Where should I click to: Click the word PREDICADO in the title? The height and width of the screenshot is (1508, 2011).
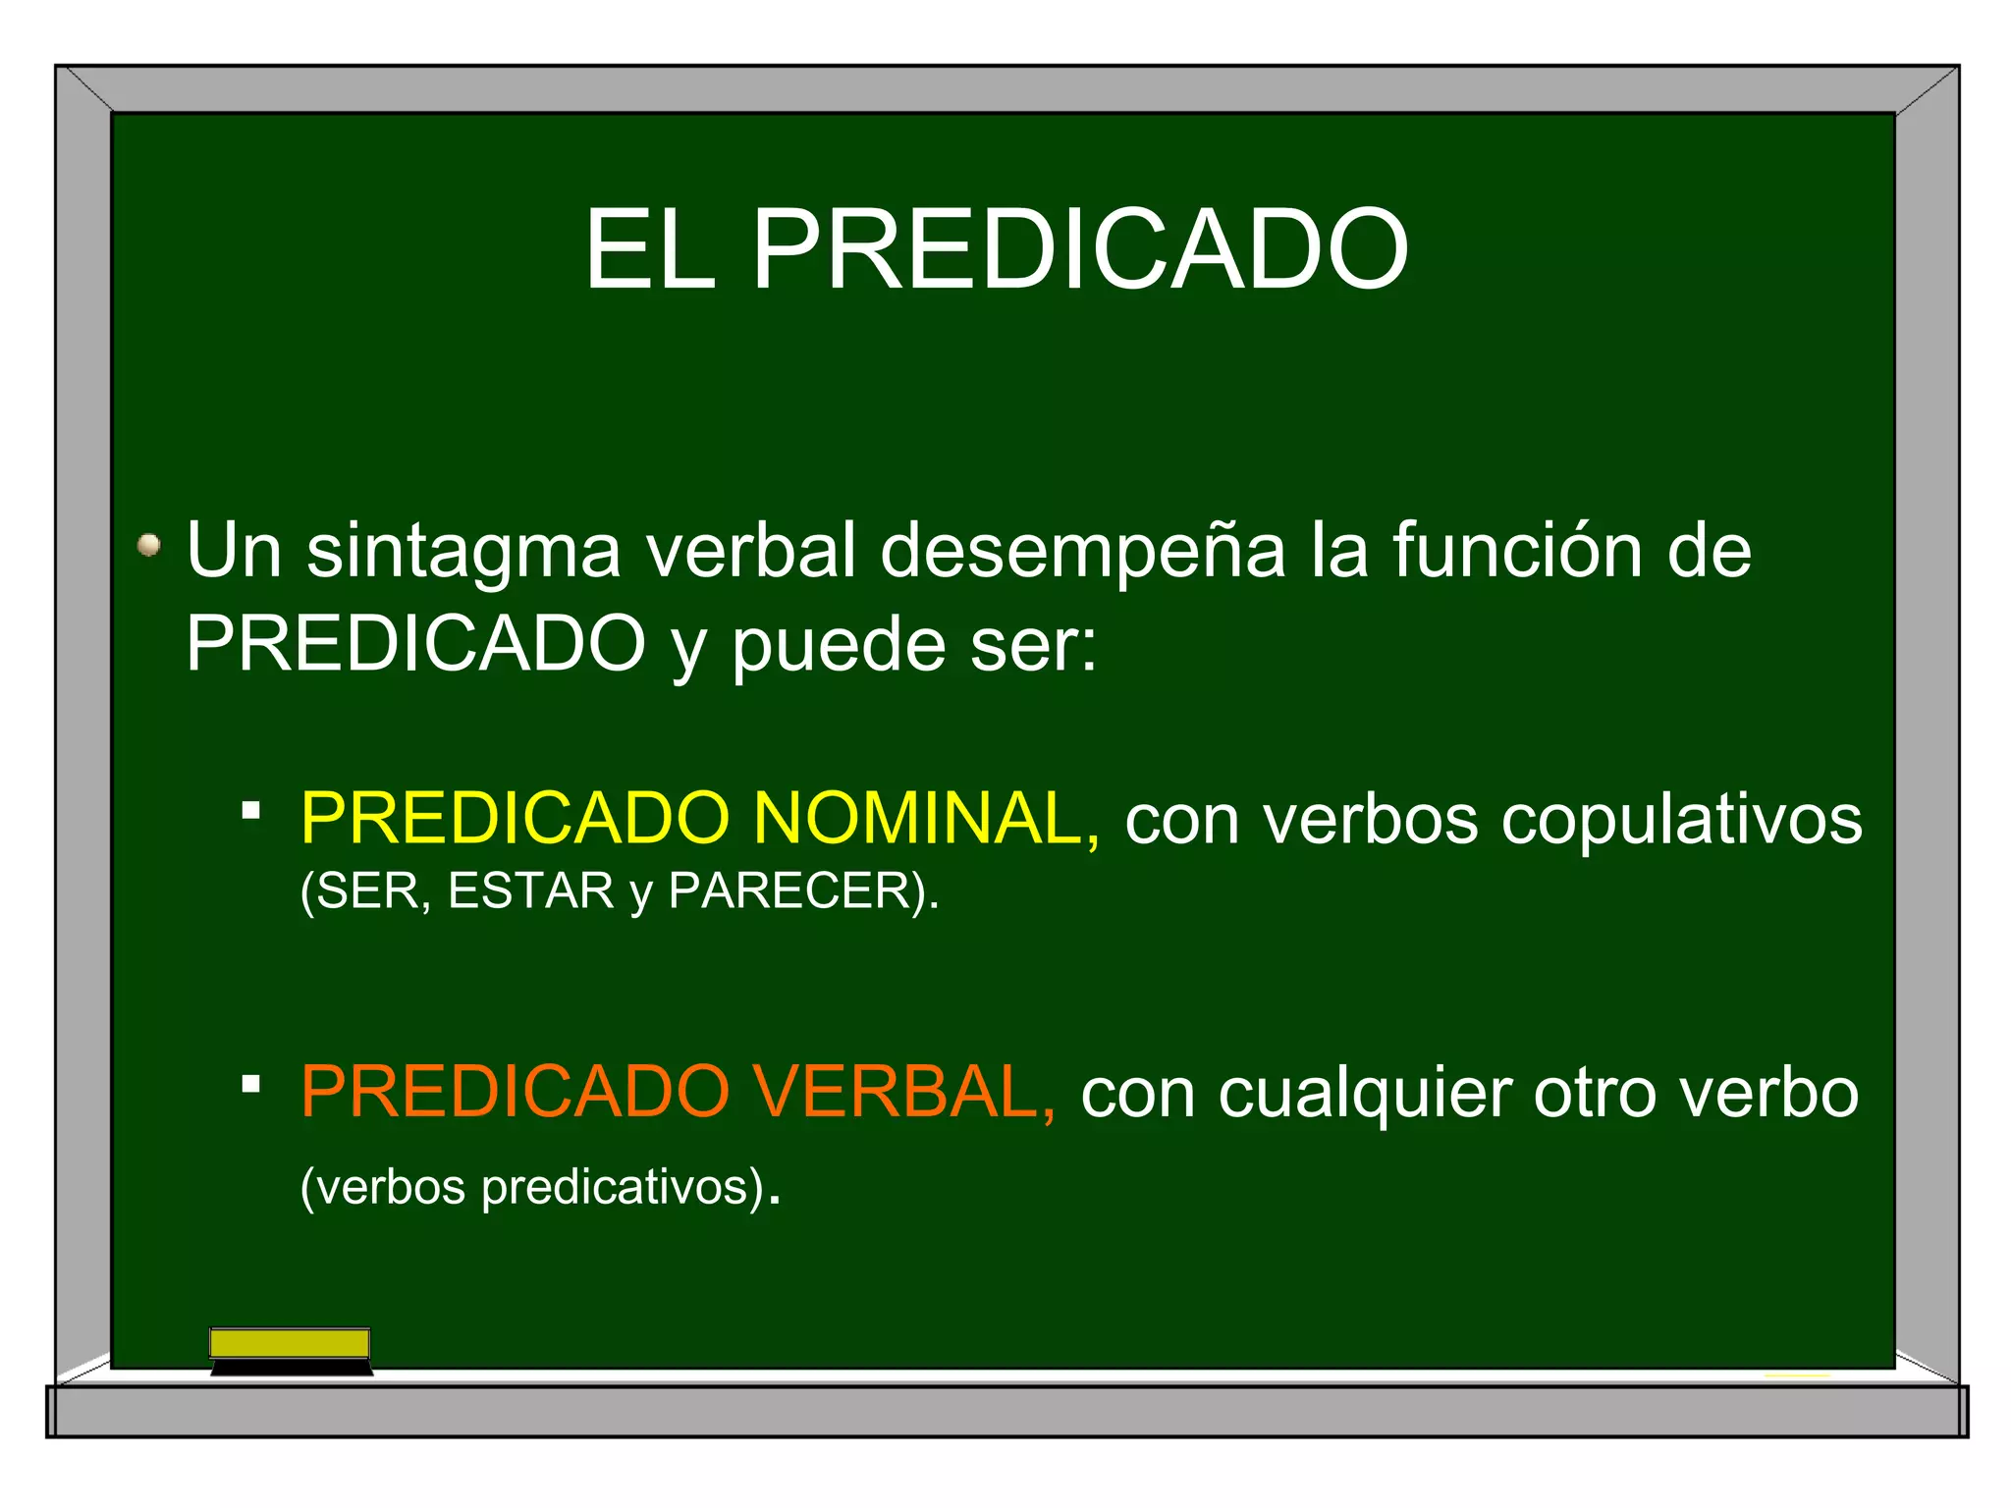pyautogui.click(x=1080, y=250)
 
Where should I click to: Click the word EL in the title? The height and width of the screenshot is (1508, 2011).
pyautogui.click(x=649, y=250)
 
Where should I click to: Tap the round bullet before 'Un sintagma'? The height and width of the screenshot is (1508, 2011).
pyautogui.click(x=149, y=545)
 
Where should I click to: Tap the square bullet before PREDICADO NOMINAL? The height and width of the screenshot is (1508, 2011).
pyautogui.click(x=251, y=811)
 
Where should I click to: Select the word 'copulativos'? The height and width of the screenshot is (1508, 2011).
pyautogui.click(x=1681, y=821)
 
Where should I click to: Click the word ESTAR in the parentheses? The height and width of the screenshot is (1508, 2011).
pyautogui.click(x=530, y=891)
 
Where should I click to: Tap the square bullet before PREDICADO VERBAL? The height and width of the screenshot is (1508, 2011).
pyautogui.click(x=251, y=1084)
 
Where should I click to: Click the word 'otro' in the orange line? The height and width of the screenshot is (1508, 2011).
pyautogui.click(x=1593, y=1094)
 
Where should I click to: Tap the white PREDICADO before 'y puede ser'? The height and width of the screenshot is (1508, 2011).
pyautogui.click(x=415, y=644)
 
